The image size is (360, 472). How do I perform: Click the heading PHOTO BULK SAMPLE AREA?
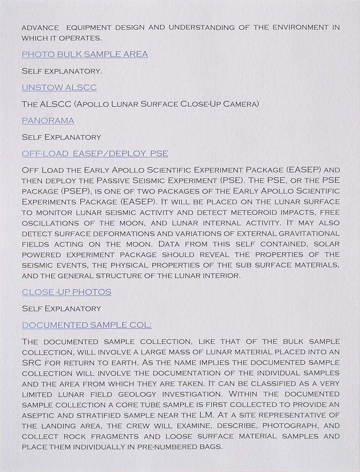tap(85, 54)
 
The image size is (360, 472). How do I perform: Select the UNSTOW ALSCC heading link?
tap(60, 87)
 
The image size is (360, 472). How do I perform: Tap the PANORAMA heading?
tap(48, 120)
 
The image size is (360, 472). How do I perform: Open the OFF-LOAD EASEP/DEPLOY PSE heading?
tap(95, 153)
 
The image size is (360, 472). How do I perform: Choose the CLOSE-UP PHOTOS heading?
tap(67, 292)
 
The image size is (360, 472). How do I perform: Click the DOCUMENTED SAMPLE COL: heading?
tap(86, 325)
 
